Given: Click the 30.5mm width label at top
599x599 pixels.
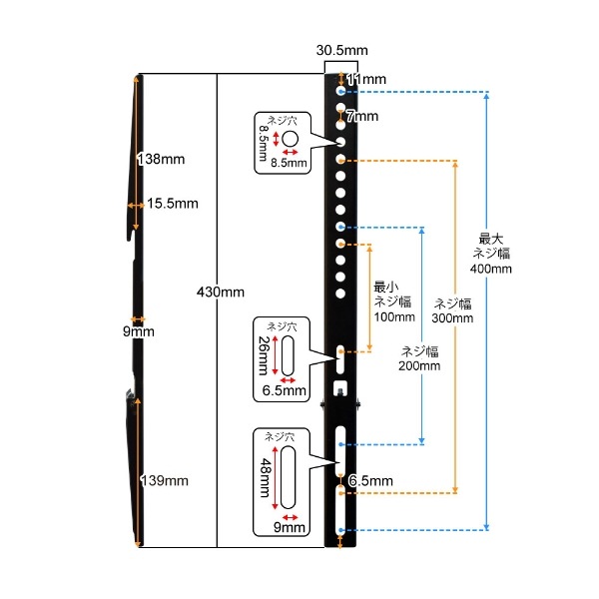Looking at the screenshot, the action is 341,50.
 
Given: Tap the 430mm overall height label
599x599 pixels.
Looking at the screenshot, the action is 221,293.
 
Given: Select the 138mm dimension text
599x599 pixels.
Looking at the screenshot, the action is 161,160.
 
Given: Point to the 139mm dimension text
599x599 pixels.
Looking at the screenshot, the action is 165,480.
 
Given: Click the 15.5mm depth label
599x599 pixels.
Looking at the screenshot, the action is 173,204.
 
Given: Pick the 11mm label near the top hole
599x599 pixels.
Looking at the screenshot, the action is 366,79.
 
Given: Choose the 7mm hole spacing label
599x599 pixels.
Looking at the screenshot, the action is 362,116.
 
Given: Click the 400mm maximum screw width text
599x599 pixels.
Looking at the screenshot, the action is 491,269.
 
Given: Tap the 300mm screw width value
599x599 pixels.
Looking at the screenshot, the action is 452,317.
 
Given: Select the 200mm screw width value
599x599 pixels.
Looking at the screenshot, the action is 419,366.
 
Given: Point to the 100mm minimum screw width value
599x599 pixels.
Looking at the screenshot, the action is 394,316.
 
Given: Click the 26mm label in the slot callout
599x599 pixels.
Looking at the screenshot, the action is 264,355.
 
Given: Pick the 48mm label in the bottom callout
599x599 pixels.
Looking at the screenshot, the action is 266,478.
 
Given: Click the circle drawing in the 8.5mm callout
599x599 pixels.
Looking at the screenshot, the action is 290,139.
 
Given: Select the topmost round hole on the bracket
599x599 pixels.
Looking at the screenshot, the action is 340,91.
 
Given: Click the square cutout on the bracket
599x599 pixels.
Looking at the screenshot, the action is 340,388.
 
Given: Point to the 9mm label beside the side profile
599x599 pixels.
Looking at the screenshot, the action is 139,331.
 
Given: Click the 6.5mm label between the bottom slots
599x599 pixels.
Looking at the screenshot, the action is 370,481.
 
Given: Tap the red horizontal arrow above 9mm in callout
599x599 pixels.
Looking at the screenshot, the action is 290,517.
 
